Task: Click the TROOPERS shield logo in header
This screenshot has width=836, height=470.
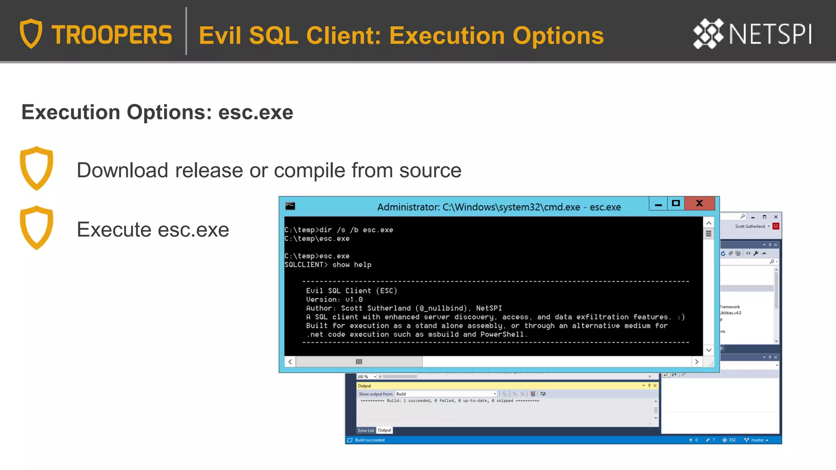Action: [31, 33]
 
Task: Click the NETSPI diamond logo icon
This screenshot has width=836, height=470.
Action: [708, 33]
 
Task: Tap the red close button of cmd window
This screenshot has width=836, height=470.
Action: [699, 203]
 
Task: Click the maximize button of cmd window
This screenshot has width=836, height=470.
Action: [676, 203]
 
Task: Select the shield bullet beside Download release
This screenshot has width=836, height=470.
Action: [37, 168]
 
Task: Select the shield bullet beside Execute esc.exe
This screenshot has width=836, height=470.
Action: [37, 228]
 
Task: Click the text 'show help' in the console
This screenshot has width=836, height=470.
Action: [351, 265]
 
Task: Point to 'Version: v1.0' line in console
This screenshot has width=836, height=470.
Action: [334, 299]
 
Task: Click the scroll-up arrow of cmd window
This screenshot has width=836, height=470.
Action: [709, 223]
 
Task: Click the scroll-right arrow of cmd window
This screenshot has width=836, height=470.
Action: [697, 362]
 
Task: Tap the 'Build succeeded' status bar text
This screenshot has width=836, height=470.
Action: [369, 440]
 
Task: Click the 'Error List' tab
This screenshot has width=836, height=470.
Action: [366, 430]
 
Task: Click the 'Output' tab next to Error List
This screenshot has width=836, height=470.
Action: [384, 430]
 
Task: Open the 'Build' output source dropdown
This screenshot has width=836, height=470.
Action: [446, 394]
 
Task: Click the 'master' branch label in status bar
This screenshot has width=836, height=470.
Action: [757, 440]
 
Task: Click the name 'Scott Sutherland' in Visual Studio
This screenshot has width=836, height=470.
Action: [750, 226]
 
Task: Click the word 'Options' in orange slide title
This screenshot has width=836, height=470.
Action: [558, 35]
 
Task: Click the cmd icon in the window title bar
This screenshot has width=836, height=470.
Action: [290, 206]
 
